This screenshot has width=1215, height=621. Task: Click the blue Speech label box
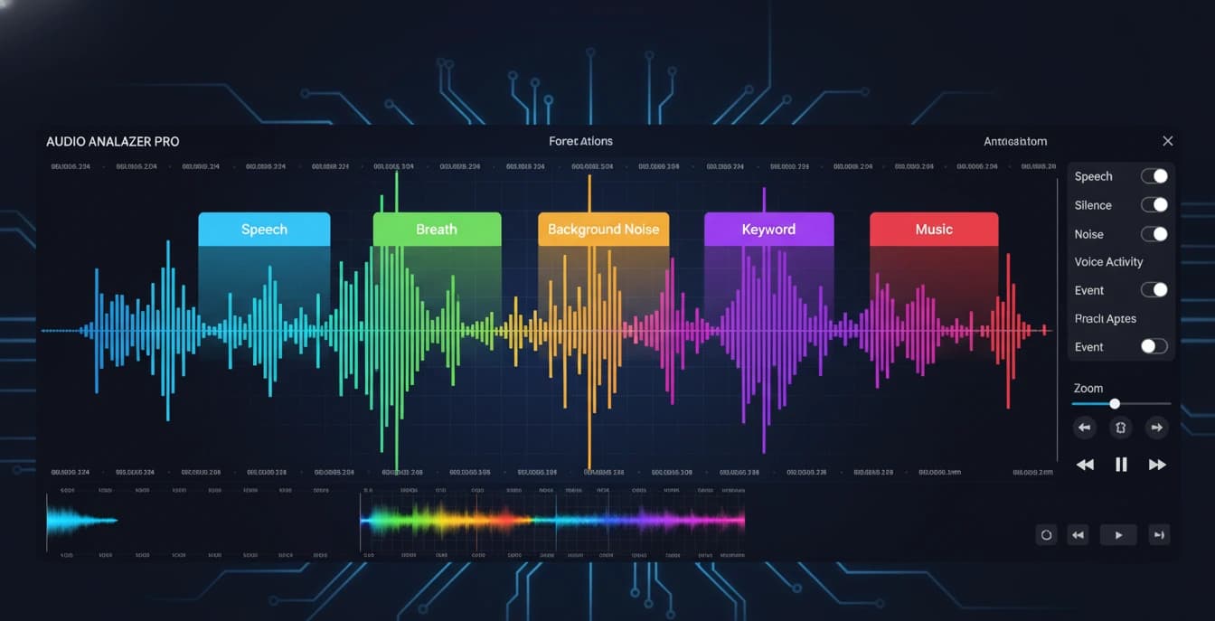point(264,230)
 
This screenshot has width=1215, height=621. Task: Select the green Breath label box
point(437,230)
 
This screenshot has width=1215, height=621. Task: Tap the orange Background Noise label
point(603,230)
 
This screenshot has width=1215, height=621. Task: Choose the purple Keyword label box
point(768,230)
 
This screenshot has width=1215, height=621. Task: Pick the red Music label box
point(934,230)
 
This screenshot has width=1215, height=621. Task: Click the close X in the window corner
point(1168,141)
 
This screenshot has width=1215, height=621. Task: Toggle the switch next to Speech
point(1154,176)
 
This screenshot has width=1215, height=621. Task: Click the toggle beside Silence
point(1154,205)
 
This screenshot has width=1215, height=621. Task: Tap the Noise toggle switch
point(1154,234)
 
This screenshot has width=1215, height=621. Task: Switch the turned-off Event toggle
point(1154,346)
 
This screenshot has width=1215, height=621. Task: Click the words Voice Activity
point(1108,262)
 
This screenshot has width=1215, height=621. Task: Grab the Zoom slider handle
point(1115,404)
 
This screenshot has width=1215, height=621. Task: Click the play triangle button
point(1118,535)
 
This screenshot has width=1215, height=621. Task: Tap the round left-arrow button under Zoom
point(1084,428)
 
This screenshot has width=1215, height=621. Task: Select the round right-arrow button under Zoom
point(1155,428)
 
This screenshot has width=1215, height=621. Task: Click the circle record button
point(1046,535)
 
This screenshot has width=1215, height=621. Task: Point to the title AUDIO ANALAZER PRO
point(113,142)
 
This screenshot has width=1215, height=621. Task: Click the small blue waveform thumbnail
point(81,520)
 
